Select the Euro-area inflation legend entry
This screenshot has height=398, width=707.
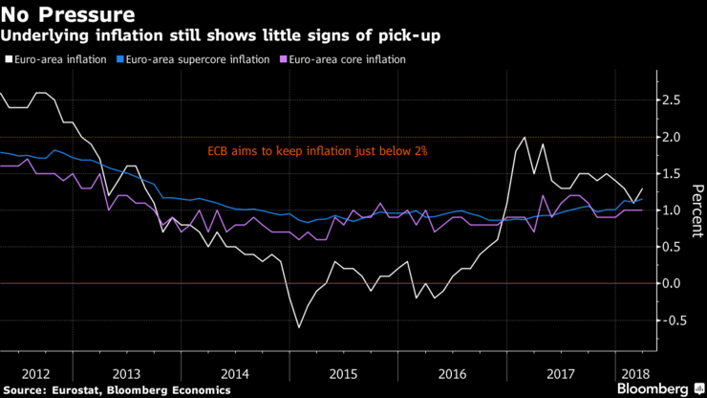tap(57, 58)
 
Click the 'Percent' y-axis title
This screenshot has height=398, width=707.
tap(695, 210)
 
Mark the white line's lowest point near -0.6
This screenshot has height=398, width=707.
tap(299, 327)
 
